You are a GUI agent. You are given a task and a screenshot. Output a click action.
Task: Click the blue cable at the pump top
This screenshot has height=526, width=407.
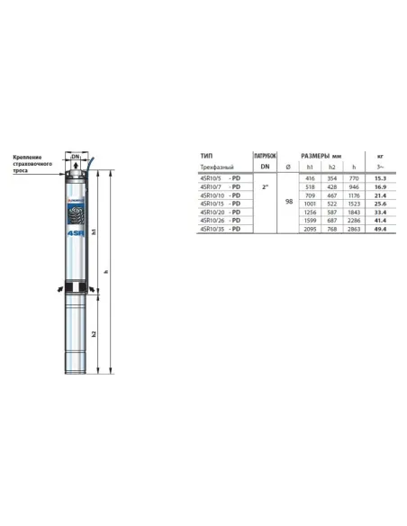coord(89,156)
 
